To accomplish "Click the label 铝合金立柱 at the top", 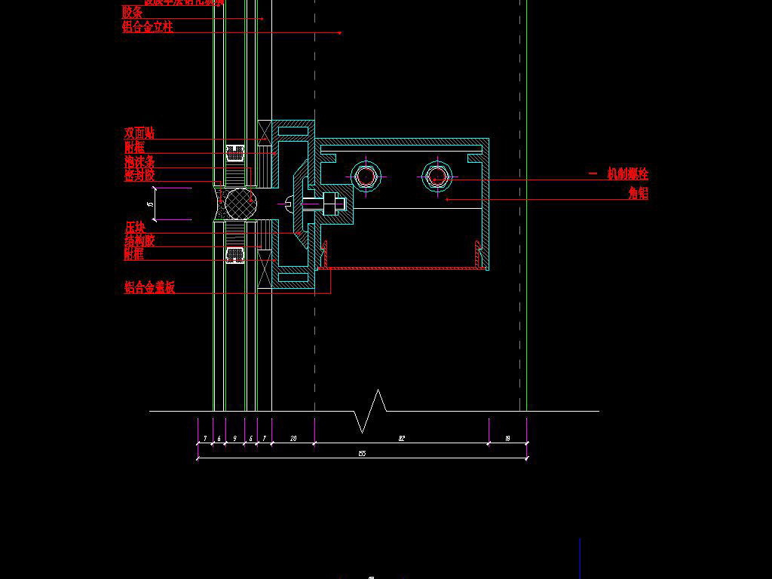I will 148,27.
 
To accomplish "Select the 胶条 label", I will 133,12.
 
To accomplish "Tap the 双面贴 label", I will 139,133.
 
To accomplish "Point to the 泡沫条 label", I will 139,162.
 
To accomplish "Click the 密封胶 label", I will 139,176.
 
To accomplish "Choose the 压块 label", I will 135,227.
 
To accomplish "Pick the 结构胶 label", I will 139,241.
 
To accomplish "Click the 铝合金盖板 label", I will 149,287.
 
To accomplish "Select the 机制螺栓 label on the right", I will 627,174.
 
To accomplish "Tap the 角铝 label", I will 638,194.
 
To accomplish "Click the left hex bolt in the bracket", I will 366,177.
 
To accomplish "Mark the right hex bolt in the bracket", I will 437,177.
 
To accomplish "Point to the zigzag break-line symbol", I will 370,411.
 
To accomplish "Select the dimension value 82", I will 402,438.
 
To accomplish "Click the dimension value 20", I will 293,438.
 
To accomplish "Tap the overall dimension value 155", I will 362,453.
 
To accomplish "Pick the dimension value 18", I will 507,438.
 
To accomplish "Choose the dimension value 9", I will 234,438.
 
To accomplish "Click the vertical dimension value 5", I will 151,204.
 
